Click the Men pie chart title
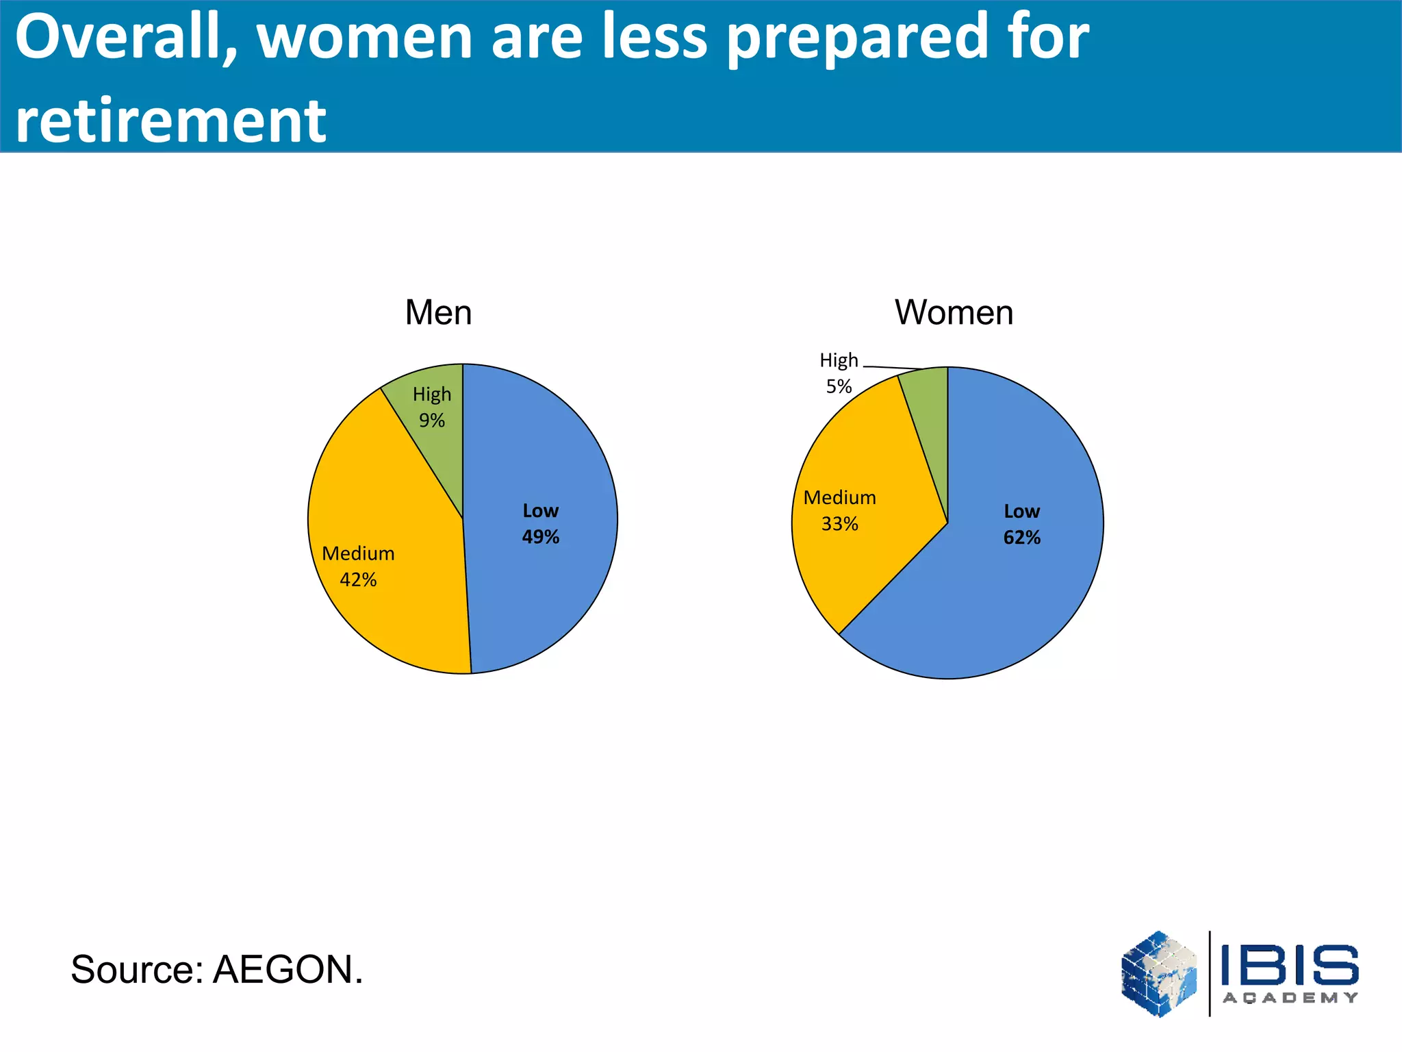tap(438, 312)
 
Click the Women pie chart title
tap(954, 312)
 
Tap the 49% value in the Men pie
tap(540, 537)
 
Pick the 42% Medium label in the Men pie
tap(358, 579)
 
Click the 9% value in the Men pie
tap(432, 421)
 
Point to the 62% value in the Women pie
tap(1021, 538)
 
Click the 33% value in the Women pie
tap(839, 524)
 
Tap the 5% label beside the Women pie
tap(839, 386)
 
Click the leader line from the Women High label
tap(890, 368)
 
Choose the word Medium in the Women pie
tap(839, 497)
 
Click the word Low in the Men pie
tap(540, 511)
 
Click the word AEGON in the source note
tap(288, 970)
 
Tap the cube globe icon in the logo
tap(1159, 973)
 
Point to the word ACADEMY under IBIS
tap(1290, 998)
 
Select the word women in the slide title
tap(364, 38)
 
